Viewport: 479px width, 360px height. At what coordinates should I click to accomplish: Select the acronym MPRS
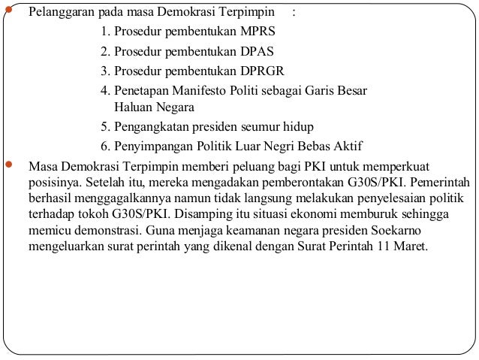[x=255, y=33]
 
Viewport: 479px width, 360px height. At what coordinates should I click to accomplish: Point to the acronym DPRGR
[x=259, y=72]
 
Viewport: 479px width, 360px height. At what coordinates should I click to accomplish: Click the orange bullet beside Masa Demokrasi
[x=10, y=165]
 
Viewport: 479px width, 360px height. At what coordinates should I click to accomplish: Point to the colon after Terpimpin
[x=294, y=14]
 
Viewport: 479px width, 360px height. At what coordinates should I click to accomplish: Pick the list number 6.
[x=104, y=146]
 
